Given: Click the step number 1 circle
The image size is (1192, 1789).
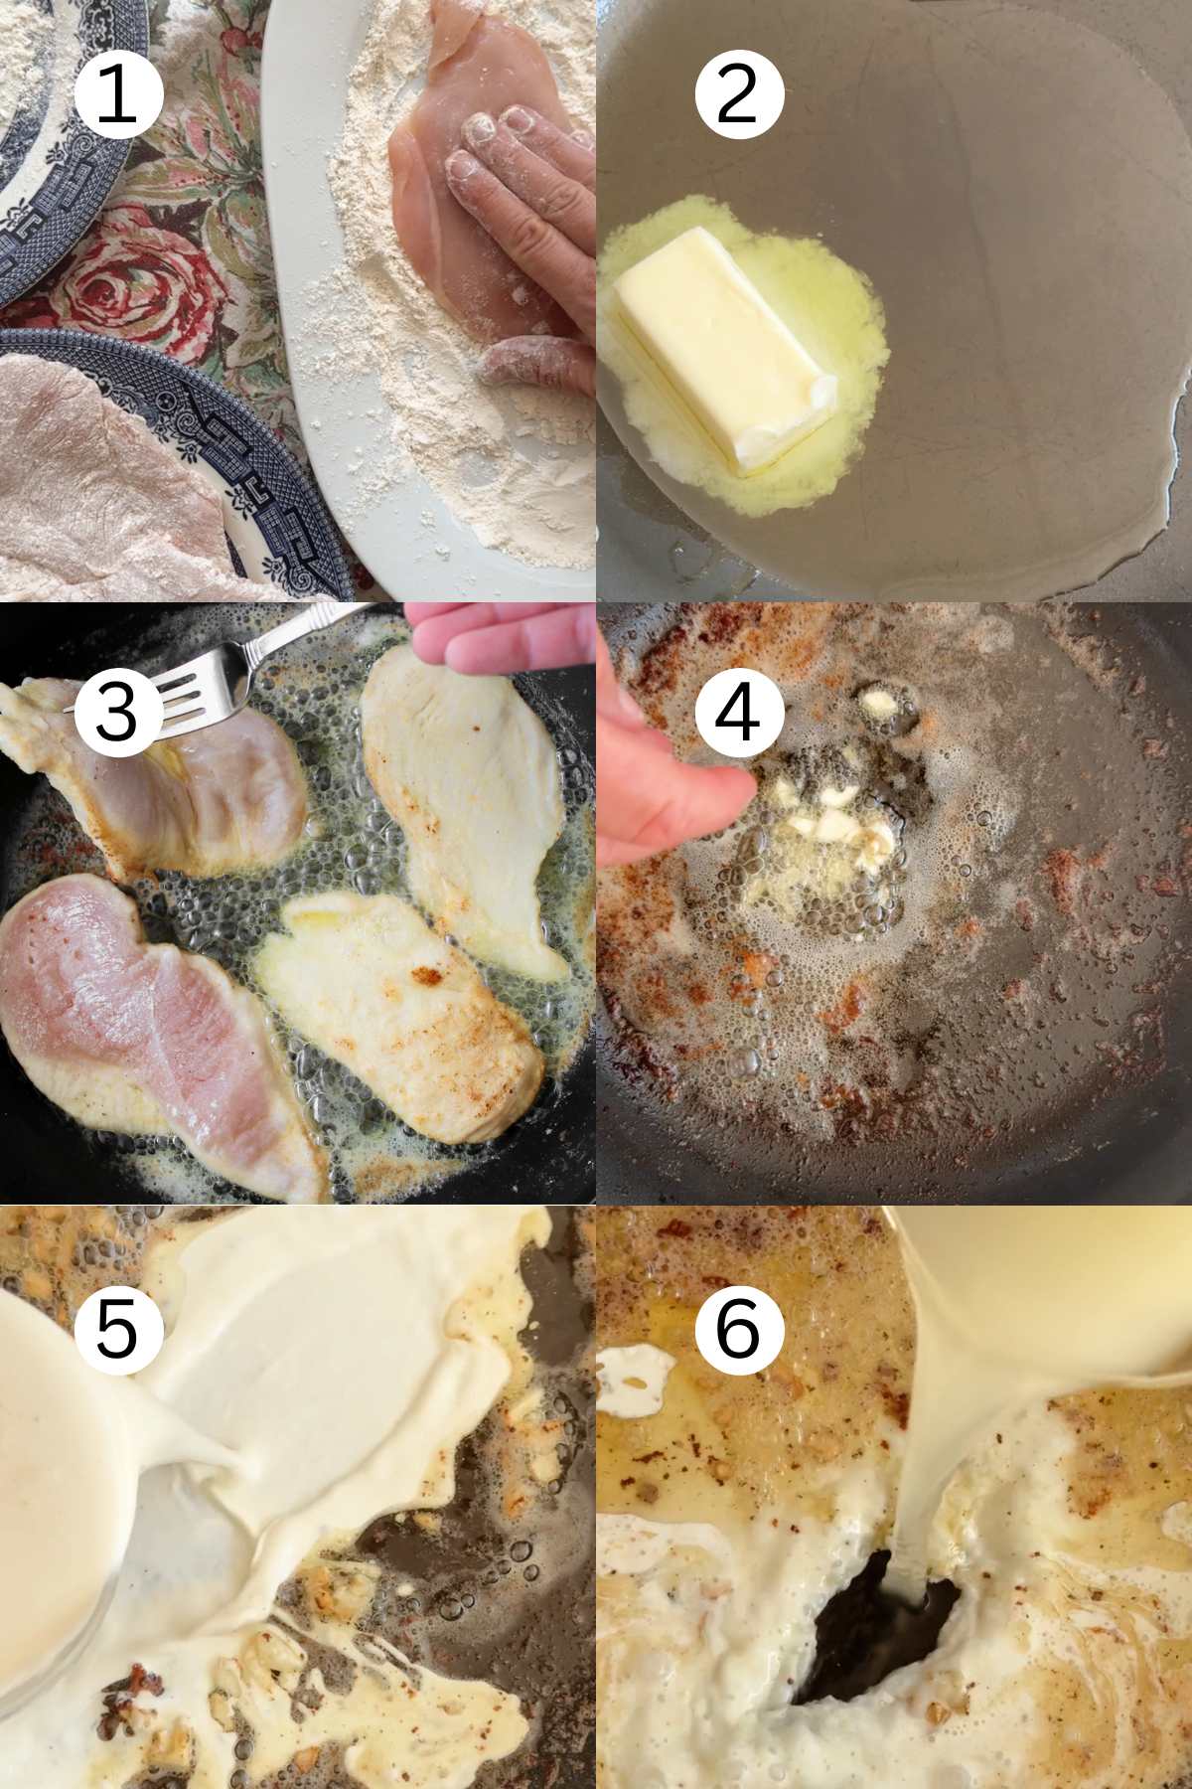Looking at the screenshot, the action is [117, 94].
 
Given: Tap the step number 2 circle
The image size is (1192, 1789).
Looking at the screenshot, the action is [739, 94].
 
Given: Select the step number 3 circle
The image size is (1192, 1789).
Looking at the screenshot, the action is [117, 711].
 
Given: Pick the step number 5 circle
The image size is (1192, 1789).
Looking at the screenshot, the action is [117, 1327].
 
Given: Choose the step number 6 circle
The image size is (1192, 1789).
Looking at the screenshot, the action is [739, 1327].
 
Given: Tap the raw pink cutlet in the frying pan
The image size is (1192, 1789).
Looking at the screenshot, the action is [149, 1034].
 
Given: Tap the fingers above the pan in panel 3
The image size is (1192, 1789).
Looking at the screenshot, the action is [502, 641].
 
